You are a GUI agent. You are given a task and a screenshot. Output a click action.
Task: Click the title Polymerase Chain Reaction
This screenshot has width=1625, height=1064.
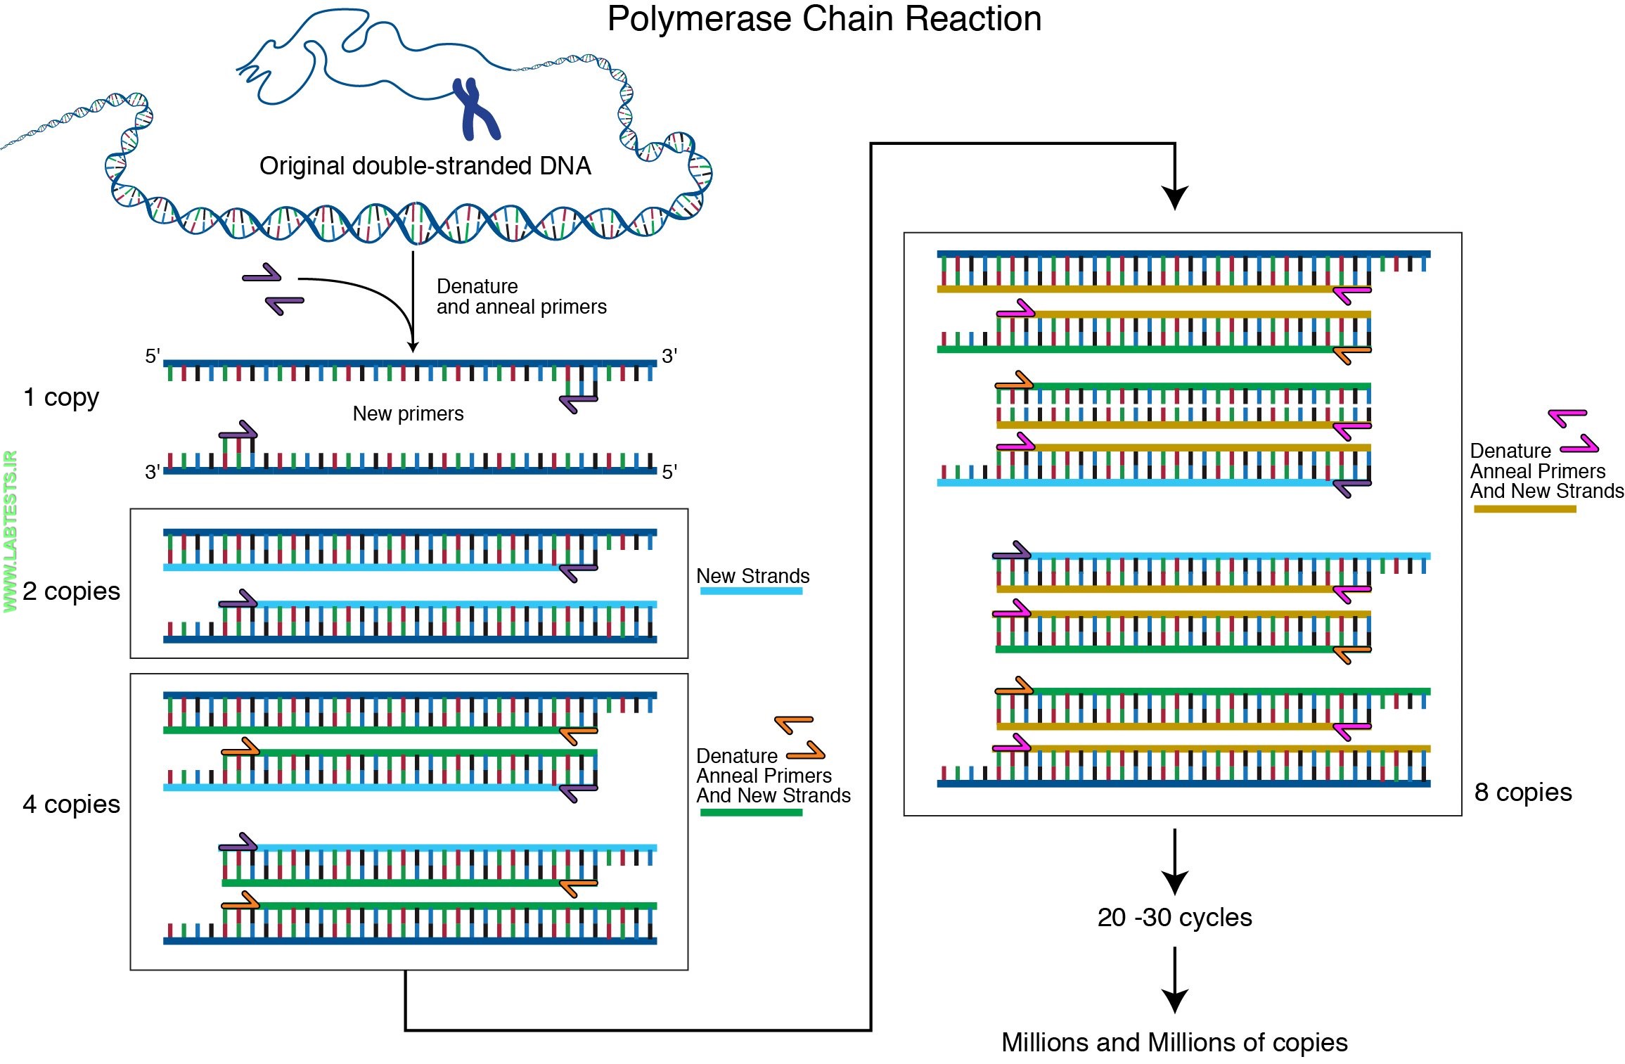(x=823, y=19)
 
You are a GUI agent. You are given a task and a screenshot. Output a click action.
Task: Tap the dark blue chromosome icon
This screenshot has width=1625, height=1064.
(x=475, y=109)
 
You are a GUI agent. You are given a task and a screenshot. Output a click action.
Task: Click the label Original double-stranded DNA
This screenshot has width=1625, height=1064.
(x=425, y=166)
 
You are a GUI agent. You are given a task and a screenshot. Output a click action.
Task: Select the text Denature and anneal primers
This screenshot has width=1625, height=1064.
(x=520, y=297)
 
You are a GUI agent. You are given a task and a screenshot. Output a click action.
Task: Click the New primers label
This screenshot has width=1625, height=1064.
(x=408, y=414)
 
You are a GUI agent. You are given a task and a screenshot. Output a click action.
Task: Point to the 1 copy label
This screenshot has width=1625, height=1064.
(x=61, y=397)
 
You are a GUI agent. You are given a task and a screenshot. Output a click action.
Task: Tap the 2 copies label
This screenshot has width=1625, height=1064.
(x=71, y=591)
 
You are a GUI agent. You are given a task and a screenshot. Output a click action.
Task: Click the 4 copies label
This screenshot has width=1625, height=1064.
(x=71, y=805)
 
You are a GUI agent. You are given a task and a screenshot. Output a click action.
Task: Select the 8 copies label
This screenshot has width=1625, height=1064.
(x=1522, y=793)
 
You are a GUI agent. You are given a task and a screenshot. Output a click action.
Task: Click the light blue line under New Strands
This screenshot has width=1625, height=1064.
(x=751, y=591)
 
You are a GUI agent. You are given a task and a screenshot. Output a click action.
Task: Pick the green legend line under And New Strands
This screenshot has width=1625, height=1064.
(x=751, y=813)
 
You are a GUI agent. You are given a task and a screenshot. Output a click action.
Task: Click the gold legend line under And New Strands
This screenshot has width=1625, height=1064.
(x=1524, y=509)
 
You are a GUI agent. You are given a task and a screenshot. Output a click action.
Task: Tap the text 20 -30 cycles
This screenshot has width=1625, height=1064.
(x=1174, y=918)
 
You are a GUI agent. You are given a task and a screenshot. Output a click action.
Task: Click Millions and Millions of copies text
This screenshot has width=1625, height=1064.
(x=1174, y=1043)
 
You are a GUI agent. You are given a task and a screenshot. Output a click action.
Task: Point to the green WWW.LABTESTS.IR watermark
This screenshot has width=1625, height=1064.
(x=10, y=531)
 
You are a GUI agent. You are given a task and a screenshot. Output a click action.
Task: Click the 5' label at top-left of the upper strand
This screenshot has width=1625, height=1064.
(x=153, y=356)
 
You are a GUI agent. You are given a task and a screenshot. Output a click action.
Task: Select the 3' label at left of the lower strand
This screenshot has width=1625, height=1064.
(x=153, y=472)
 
